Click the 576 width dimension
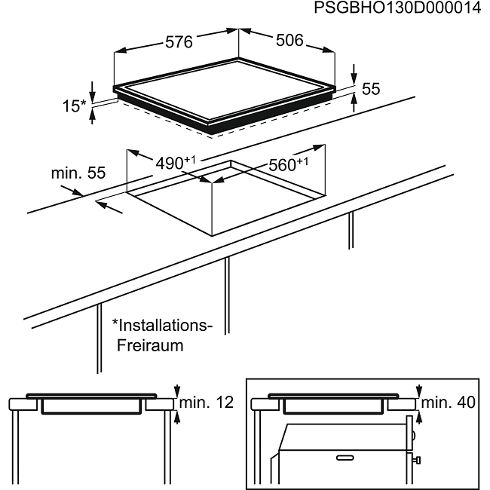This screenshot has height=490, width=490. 179,42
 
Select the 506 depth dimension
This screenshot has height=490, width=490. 289,40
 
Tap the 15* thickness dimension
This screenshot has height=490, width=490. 74,106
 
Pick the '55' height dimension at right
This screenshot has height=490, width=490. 370,88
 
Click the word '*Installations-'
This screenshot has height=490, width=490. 162,326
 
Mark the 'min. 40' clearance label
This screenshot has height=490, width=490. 449,403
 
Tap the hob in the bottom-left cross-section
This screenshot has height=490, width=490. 91,397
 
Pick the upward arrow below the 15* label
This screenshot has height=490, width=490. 92,116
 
